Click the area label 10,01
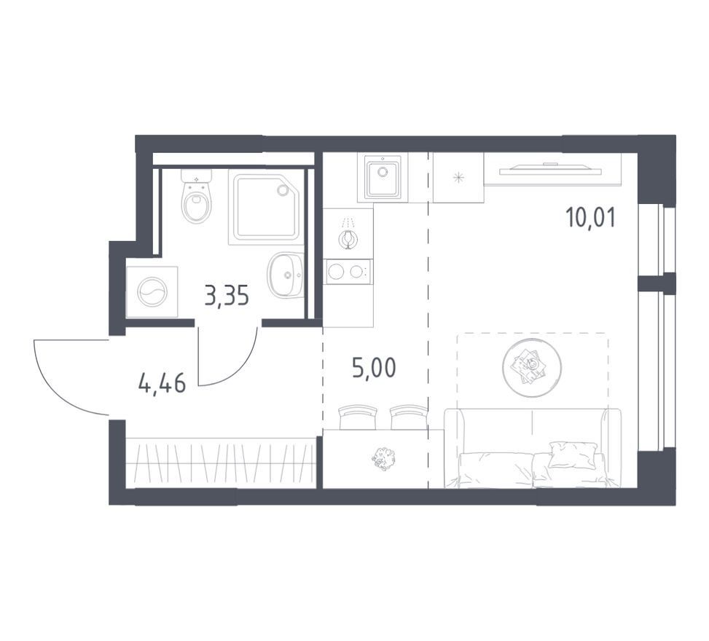click(590, 219)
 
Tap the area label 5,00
click(374, 368)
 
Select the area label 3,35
click(227, 296)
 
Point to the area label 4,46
click(162, 385)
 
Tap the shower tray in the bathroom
click(265, 207)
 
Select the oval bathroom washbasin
click(286, 275)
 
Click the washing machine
click(152, 292)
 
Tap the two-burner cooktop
click(348, 271)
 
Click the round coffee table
click(532, 368)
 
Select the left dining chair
click(358, 417)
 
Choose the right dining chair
click(408, 417)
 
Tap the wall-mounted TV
click(551, 169)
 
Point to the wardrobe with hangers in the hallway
click(220, 463)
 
